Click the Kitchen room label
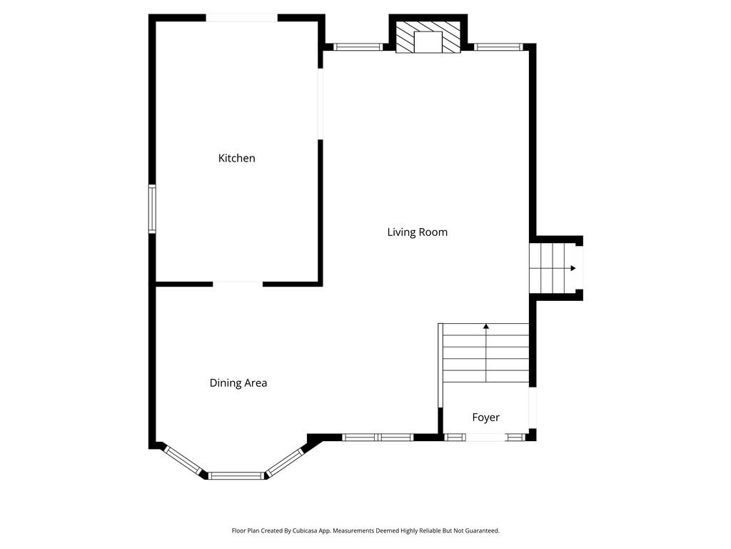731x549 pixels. pyautogui.click(x=236, y=158)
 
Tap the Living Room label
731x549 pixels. pyautogui.click(x=417, y=232)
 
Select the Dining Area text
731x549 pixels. pyautogui.click(x=238, y=383)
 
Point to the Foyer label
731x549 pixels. pyautogui.click(x=485, y=417)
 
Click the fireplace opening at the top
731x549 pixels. pyautogui.click(x=428, y=42)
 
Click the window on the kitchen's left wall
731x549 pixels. pyautogui.click(x=152, y=209)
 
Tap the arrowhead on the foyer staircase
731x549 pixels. pyautogui.click(x=486, y=326)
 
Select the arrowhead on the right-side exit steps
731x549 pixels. pyautogui.click(x=573, y=268)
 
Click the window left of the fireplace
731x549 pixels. pyautogui.click(x=358, y=46)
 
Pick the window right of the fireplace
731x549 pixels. pyautogui.click(x=498, y=46)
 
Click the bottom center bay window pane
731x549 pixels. pyautogui.click(x=236, y=475)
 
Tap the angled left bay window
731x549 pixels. pyautogui.click(x=183, y=461)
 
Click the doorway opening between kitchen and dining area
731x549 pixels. pyautogui.click(x=238, y=284)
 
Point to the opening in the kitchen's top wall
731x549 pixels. pyautogui.click(x=242, y=18)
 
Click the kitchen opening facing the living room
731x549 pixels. pyautogui.click(x=321, y=104)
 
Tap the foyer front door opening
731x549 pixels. pyautogui.click(x=485, y=437)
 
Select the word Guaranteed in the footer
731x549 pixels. pyautogui.click(x=484, y=531)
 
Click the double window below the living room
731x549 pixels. pyautogui.click(x=378, y=437)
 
